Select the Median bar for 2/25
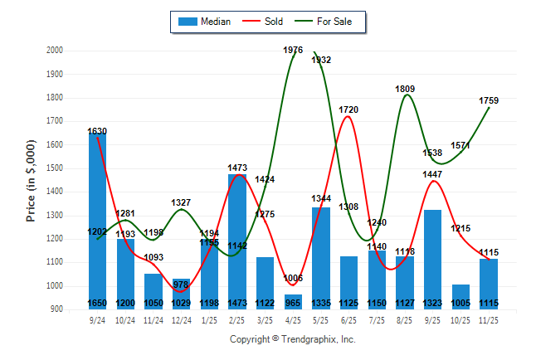click(x=237, y=241)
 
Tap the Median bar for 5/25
click(x=321, y=257)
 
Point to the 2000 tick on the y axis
click(x=56, y=51)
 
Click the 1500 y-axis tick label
click(x=56, y=168)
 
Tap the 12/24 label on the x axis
click(x=181, y=319)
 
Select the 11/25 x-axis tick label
click(x=489, y=319)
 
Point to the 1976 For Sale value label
click(x=293, y=51)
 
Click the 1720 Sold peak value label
click(x=348, y=109)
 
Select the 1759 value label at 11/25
click(x=489, y=100)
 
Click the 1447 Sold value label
click(x=433, y=174)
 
